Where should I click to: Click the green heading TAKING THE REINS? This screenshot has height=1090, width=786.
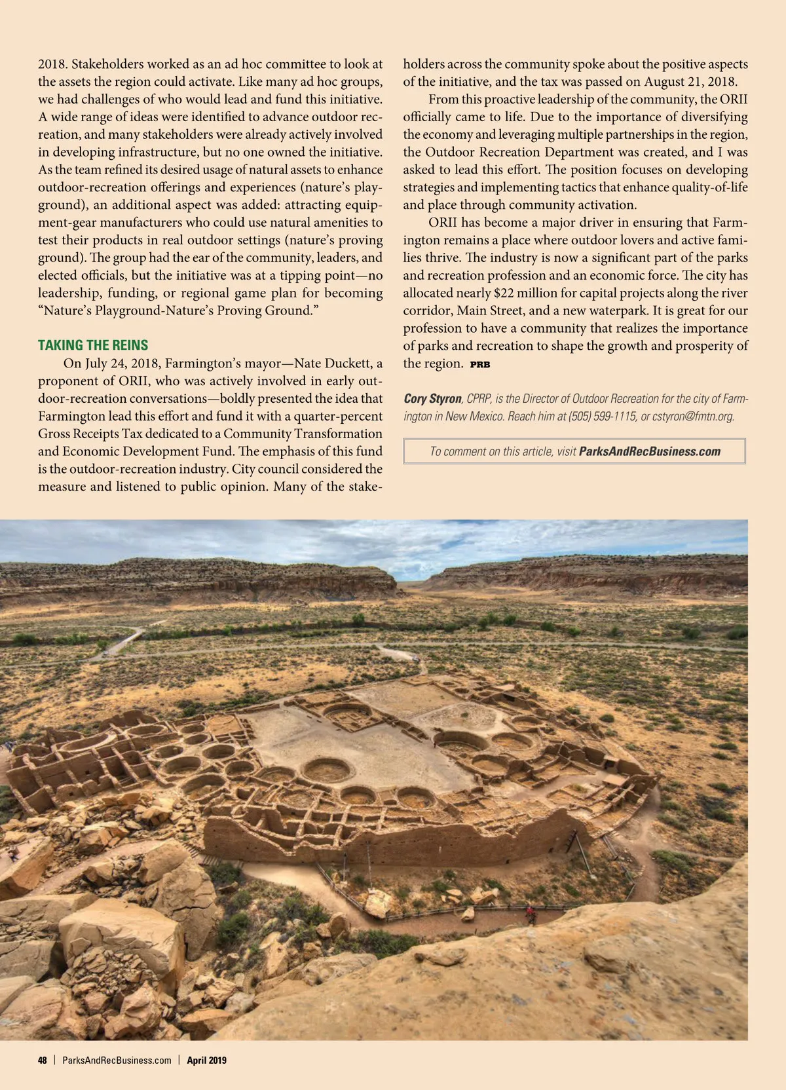pyautogui.click(x=93, y=345)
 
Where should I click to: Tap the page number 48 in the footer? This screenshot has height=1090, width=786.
pyautogui.click(x=43, y=1060)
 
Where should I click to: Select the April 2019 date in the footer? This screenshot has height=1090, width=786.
pyautogui.click(x=206, y=1060)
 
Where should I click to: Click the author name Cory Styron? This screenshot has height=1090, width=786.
pyautogui.click(x=432, y=399)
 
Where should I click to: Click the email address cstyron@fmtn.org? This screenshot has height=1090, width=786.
pyautogui.click(x=693, y=416)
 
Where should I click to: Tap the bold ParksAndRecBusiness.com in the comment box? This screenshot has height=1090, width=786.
pyautogui.click(x=650, y=451)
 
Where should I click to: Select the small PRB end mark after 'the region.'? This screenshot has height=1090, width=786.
pyautogui.click(x=480, y=364)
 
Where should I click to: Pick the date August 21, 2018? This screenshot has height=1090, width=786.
pyautogui.click(x=691, y=82)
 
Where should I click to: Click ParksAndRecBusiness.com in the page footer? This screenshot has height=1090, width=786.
pyautogui.click(x=117, y=1060)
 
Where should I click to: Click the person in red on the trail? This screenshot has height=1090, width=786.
pyautogui.click(x=530, y=911)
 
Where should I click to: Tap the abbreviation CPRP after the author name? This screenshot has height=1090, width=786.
pyautogui.click(x=477, y=399)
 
